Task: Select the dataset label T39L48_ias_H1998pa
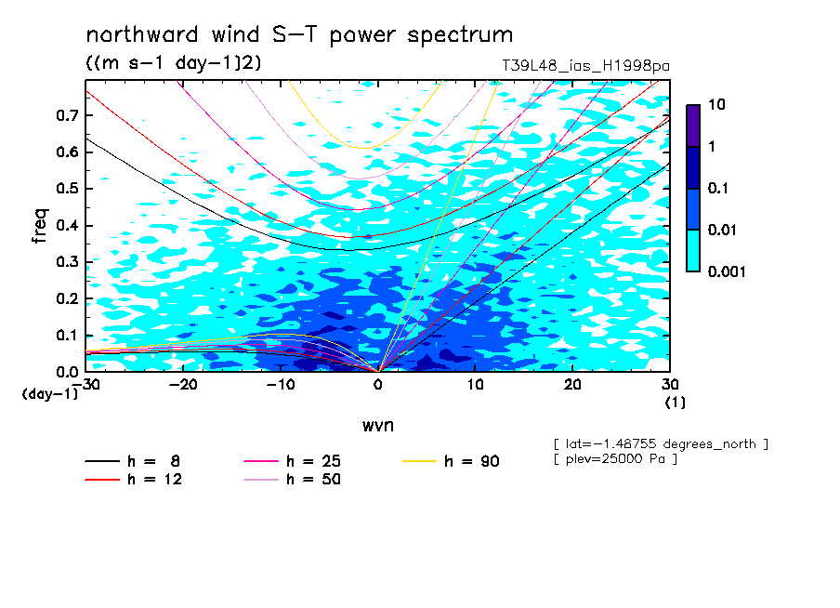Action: (585, 66)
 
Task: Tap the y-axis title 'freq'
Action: (40, 226)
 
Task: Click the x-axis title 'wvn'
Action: (377, 426)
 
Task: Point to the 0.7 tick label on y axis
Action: (67, 115)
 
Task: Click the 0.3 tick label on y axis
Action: (67, 261)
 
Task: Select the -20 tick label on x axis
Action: (183, 385)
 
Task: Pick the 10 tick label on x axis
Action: (475, 385)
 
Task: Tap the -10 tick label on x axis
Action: (281, 385)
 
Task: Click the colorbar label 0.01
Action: (723, 230)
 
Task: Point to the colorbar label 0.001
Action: (727, 271)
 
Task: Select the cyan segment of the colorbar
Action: (693, 251)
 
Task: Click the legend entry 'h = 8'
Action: (132, 461)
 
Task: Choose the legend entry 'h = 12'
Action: (134, 480)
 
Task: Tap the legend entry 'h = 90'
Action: (451, 461)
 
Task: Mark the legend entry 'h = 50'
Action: (292, 480)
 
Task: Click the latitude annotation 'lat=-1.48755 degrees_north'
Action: (661, 444)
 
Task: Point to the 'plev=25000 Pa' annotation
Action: (615, 459)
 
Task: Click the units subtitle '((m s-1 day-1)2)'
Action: (174, 62)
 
